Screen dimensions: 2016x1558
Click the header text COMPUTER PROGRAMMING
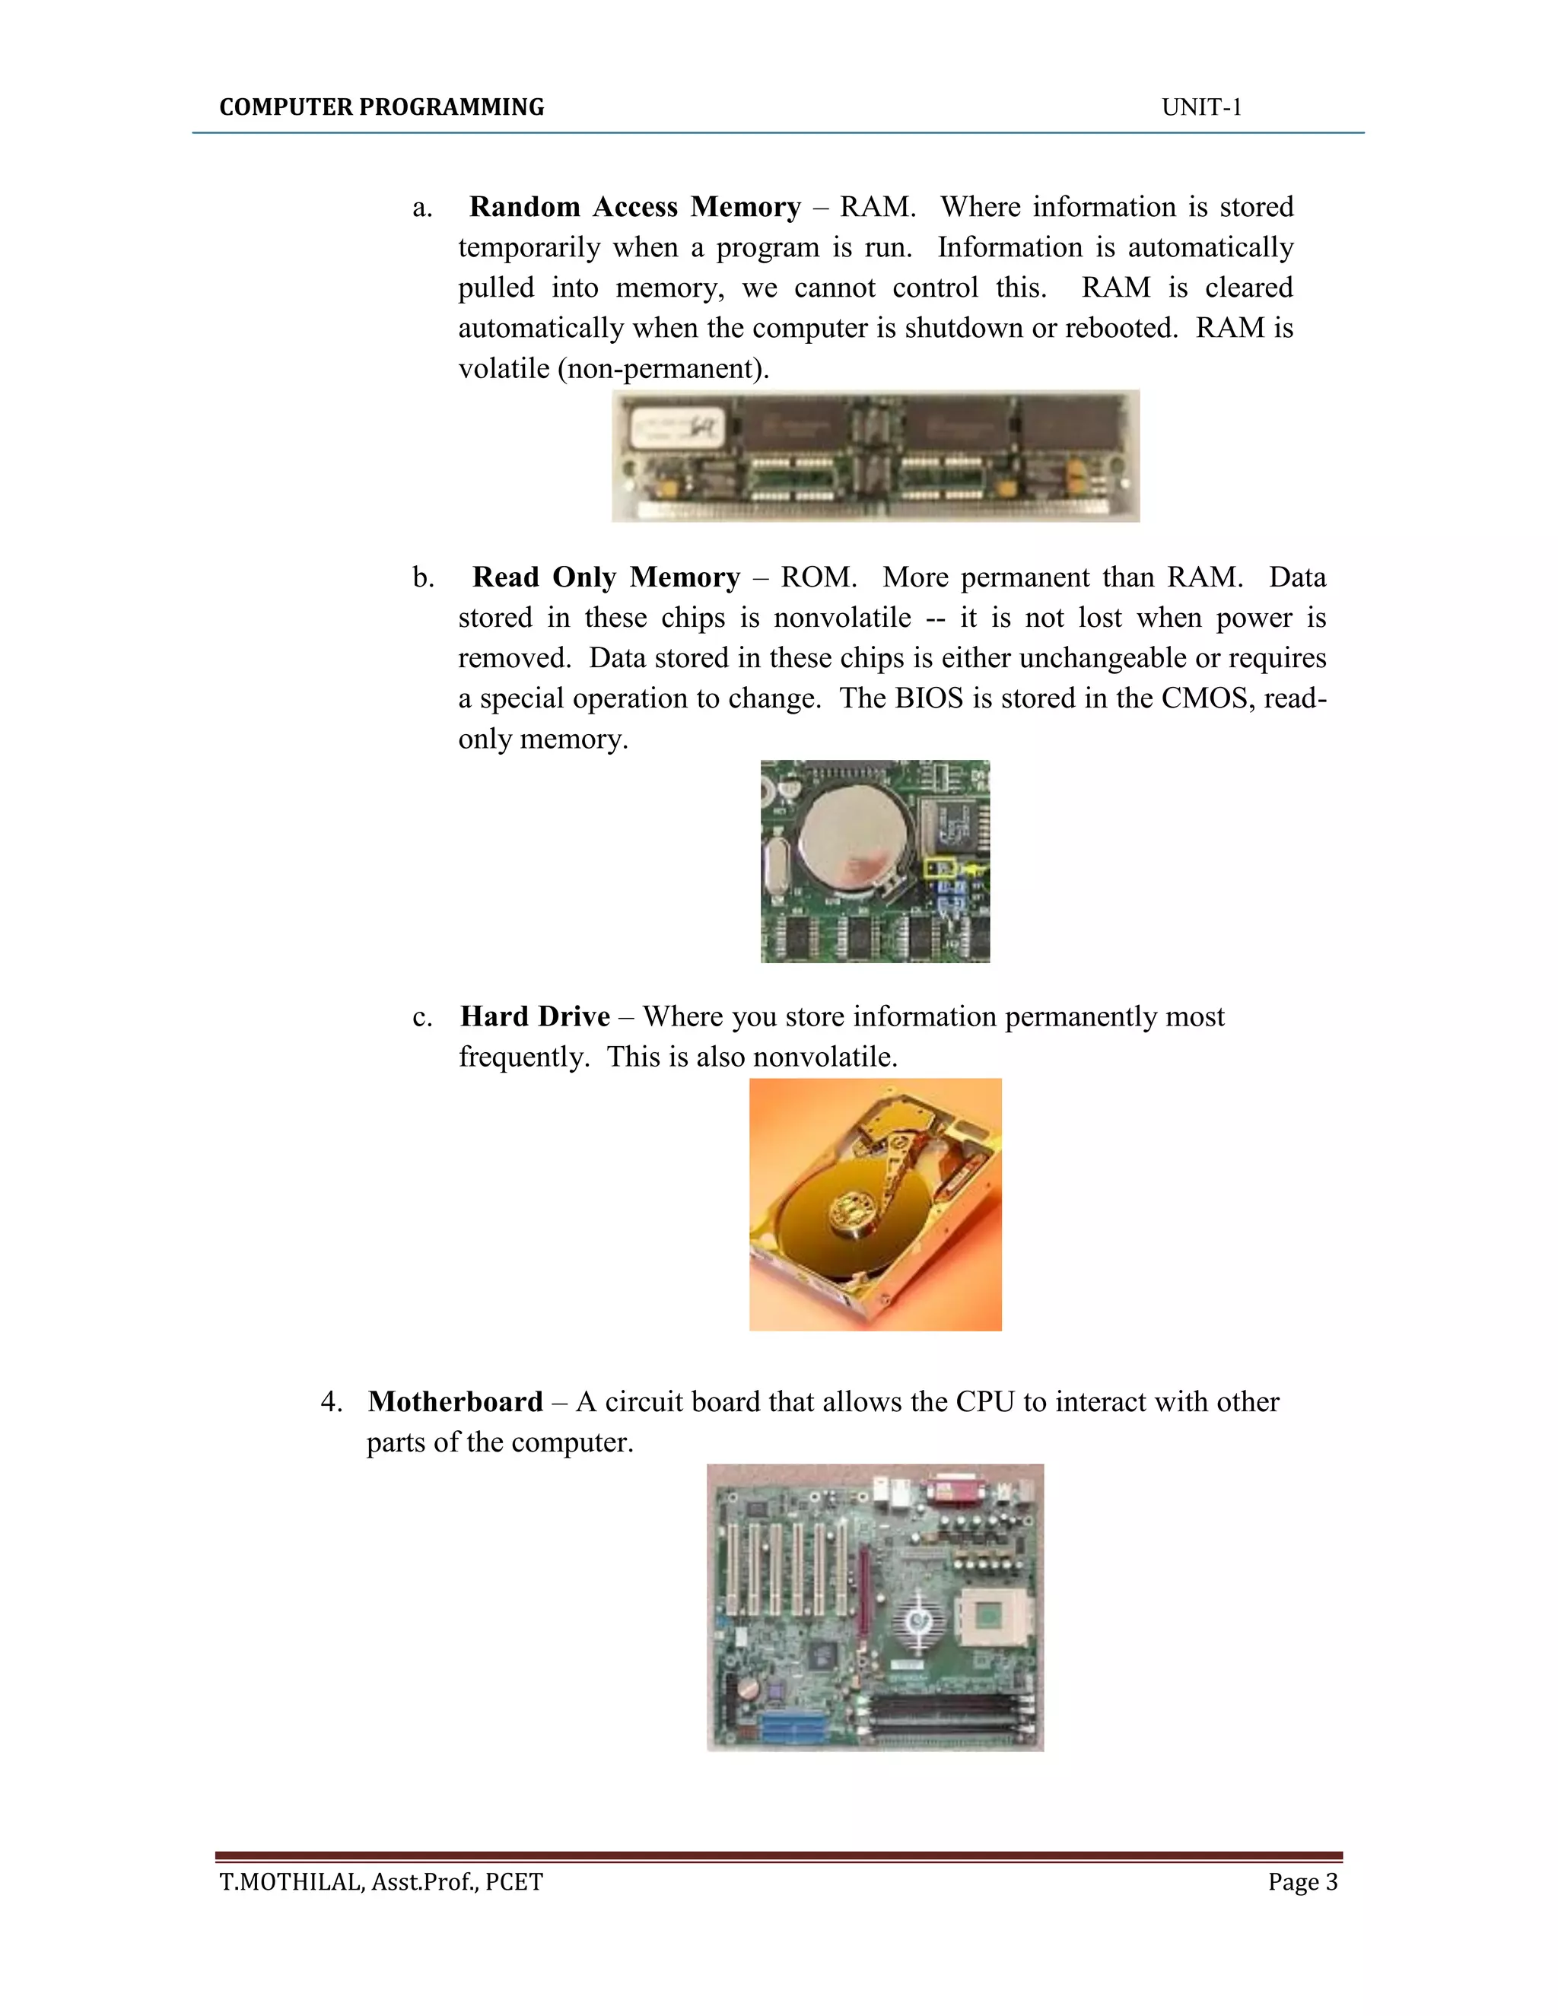(381, 107)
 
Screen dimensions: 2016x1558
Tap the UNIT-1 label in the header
(1200, 107)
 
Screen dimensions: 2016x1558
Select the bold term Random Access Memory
(634, 207)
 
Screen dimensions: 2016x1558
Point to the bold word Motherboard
(455, 1401)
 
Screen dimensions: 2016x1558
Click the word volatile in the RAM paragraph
(504, 368)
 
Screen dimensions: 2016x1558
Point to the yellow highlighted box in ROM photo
(940, 869)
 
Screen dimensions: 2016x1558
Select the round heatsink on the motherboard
(917, 1620)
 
